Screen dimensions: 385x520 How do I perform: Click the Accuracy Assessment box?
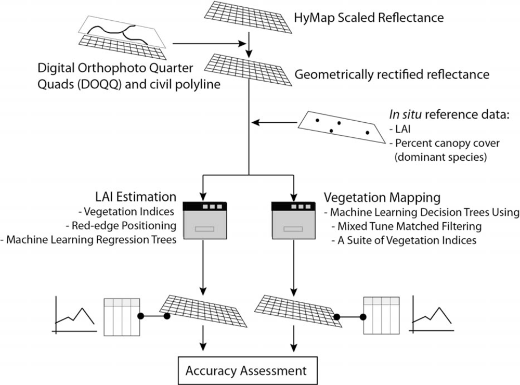pos(246,370)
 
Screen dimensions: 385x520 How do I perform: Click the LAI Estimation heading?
pos(133,198)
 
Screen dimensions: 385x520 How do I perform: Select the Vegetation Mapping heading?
pos(382,198)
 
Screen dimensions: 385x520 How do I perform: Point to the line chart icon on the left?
pos(74,314)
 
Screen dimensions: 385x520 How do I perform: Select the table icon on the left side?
pos(122,316)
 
